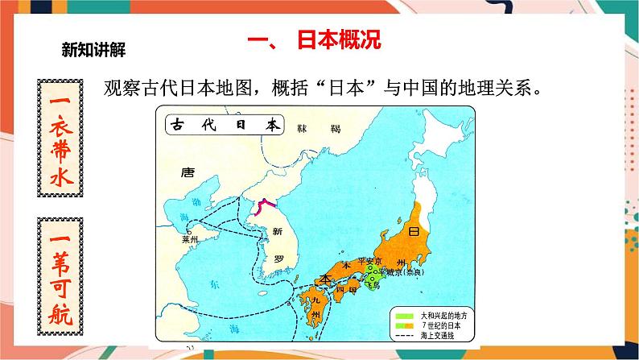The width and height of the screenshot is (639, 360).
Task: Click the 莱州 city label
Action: tap(190, 240)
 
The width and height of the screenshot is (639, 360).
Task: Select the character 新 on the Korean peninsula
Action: tap(278, 231)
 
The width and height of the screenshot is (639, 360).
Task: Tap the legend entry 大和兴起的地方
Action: tap(431, 310)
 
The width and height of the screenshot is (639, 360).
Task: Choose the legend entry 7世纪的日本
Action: tap(431, 321)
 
